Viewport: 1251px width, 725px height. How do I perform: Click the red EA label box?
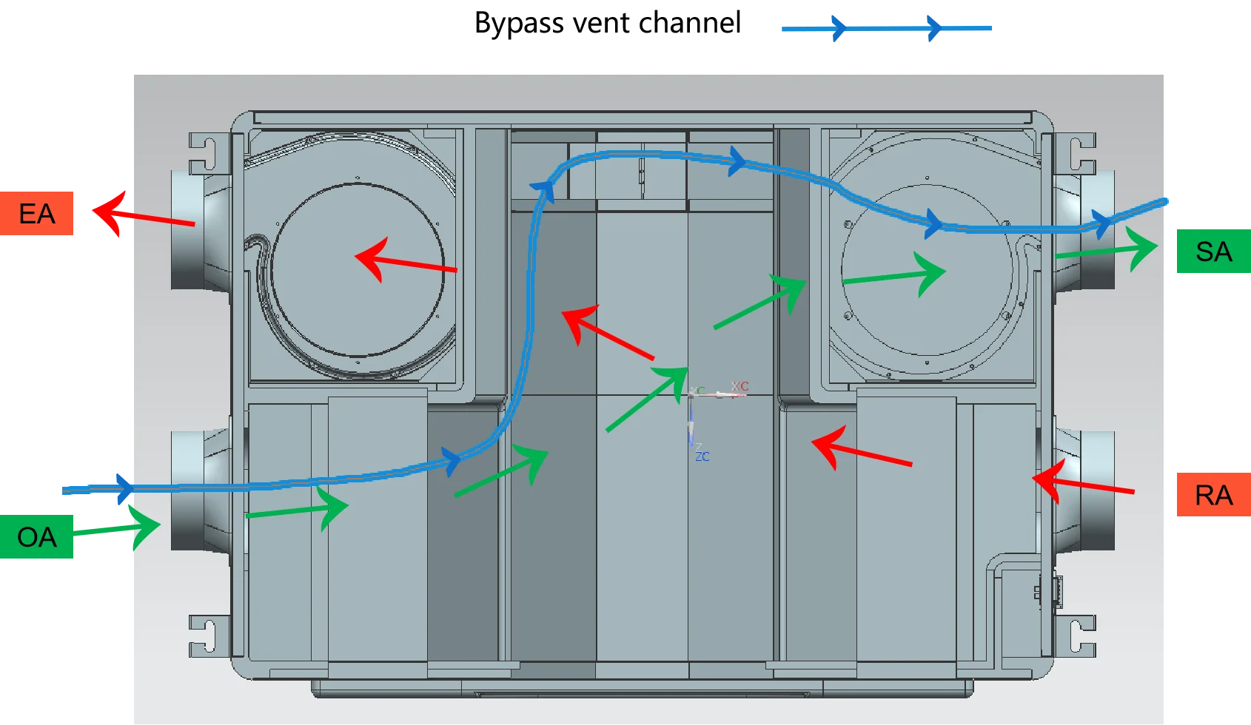38,213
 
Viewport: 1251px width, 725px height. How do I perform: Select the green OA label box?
38,538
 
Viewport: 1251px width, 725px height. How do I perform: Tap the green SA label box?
1213,252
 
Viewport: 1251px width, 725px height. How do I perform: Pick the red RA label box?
1213,495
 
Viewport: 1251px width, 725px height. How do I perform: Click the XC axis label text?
740,386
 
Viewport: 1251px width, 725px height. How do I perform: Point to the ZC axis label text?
702,456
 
